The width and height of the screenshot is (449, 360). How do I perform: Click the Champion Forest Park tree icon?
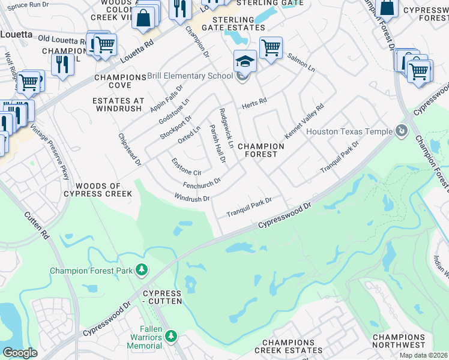[142, 271]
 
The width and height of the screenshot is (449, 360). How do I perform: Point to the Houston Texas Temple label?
[349, 131]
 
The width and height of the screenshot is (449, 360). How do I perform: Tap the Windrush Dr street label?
[192, 197]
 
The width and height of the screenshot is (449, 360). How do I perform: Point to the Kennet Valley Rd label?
[304, 121]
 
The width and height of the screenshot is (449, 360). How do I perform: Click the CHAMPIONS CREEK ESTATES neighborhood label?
[288, 346]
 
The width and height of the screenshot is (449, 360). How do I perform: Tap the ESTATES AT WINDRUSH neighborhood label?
[118, 105]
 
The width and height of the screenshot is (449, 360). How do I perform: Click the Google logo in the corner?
[20, 353]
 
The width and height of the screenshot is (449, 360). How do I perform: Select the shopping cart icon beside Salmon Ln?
[271, 47]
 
